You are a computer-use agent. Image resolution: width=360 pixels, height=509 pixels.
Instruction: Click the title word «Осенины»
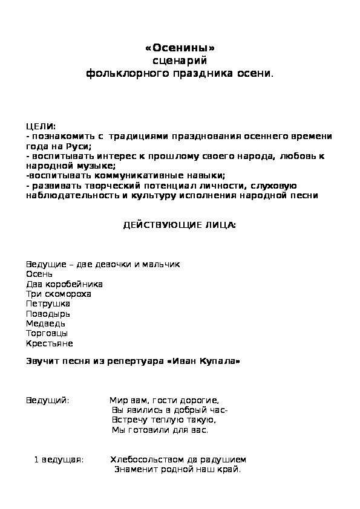click(x=180, y=48)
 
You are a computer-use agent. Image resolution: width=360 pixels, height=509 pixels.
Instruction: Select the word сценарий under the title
click(x=180, y=60)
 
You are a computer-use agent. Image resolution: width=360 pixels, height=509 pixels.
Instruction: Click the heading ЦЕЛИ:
click(x=41, y=126)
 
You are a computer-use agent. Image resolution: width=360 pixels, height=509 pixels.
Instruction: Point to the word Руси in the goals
click(x=79, y=146)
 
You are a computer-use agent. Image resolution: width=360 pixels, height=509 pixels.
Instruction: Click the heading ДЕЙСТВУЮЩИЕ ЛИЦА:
click(x=180, y=225)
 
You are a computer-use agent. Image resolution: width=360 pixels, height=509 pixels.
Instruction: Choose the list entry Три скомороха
click(x=59, y=294)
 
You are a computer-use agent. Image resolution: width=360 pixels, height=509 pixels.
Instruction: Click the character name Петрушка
click(x=48, y=303)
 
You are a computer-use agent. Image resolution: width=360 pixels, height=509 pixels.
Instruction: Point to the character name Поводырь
click(x=48, y=314)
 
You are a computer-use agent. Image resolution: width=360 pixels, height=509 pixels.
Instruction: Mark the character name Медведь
click(x=46, y=323)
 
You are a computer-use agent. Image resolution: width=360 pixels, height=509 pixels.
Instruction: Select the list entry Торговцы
click(x=47, y=333)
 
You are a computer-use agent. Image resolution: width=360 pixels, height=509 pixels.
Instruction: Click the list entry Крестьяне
click(x=50, y=343)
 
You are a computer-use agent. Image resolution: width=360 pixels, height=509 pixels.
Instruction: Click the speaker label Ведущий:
click(x=48, y=400)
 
